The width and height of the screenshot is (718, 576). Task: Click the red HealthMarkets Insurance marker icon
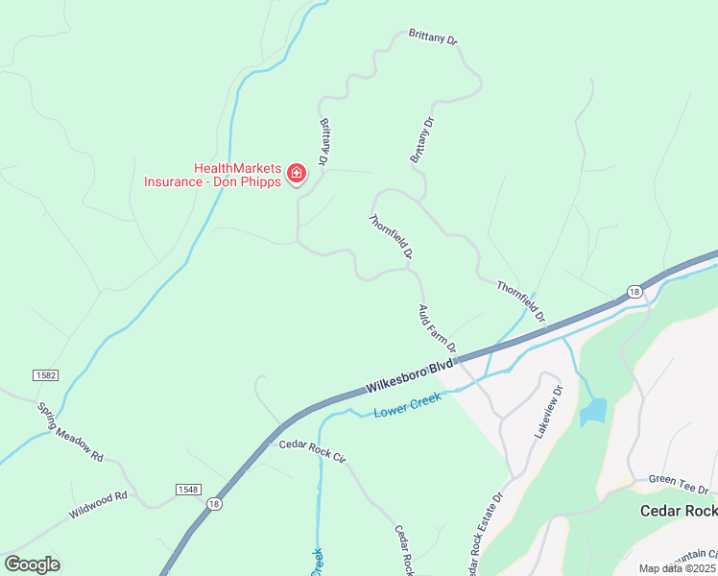click(297, 174)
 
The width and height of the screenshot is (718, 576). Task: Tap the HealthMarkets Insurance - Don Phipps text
click(213, 174)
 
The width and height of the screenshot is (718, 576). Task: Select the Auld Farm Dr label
click(437, 327)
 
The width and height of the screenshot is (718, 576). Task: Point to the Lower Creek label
click(408, 404)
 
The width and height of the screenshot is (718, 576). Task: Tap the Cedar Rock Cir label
click(311, 450)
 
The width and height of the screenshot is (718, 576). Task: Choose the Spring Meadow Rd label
click(70, 432)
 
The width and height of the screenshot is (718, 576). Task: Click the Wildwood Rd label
click(98, 506)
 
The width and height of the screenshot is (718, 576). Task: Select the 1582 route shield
click(44, 374)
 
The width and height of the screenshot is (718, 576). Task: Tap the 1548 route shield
click(188, 490)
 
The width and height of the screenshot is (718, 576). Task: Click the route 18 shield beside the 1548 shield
click(214, 503)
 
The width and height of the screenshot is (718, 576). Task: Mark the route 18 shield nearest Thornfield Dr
click(634, 291)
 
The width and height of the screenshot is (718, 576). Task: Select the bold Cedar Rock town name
click(679, 511)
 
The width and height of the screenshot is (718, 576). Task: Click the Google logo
click(32, 564)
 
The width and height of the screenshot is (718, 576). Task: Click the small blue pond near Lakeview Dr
click(592, 413)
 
